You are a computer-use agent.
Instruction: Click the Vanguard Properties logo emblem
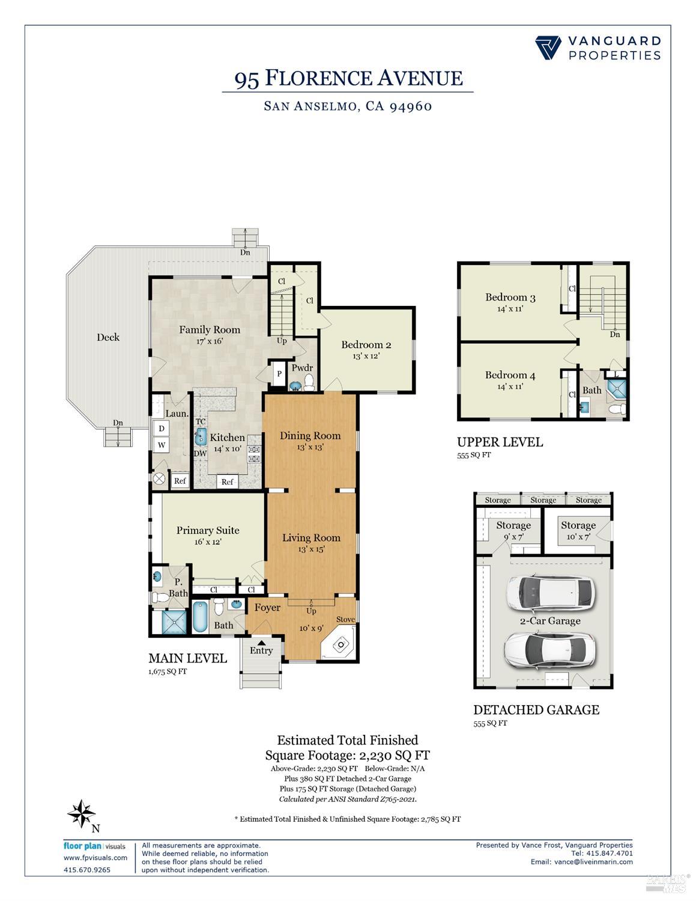click(548, 47)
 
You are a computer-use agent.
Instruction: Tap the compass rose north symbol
click(82, 813)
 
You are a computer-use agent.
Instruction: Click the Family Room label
click(210, 329)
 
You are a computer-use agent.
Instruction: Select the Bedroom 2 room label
click(366, 344)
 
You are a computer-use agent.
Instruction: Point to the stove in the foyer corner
click(340, 645)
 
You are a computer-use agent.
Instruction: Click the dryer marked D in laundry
click(162, 429)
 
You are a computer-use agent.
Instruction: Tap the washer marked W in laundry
click(162, 445)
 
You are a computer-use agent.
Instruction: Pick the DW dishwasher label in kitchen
click(201, 454)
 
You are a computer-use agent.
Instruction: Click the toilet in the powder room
click(309, 383)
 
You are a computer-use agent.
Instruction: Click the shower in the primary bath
click(174, 622)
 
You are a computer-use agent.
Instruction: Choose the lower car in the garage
click(549, 649)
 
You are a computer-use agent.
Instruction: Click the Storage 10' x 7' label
click(578, 531)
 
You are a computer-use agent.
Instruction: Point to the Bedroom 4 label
click(510, 375)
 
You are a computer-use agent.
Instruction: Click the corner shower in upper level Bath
click(617, 391)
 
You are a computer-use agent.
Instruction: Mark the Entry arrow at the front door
click(261, 643)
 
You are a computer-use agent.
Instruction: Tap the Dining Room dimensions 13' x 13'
click(310, 447)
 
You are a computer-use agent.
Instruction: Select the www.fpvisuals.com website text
click(95, 858)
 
